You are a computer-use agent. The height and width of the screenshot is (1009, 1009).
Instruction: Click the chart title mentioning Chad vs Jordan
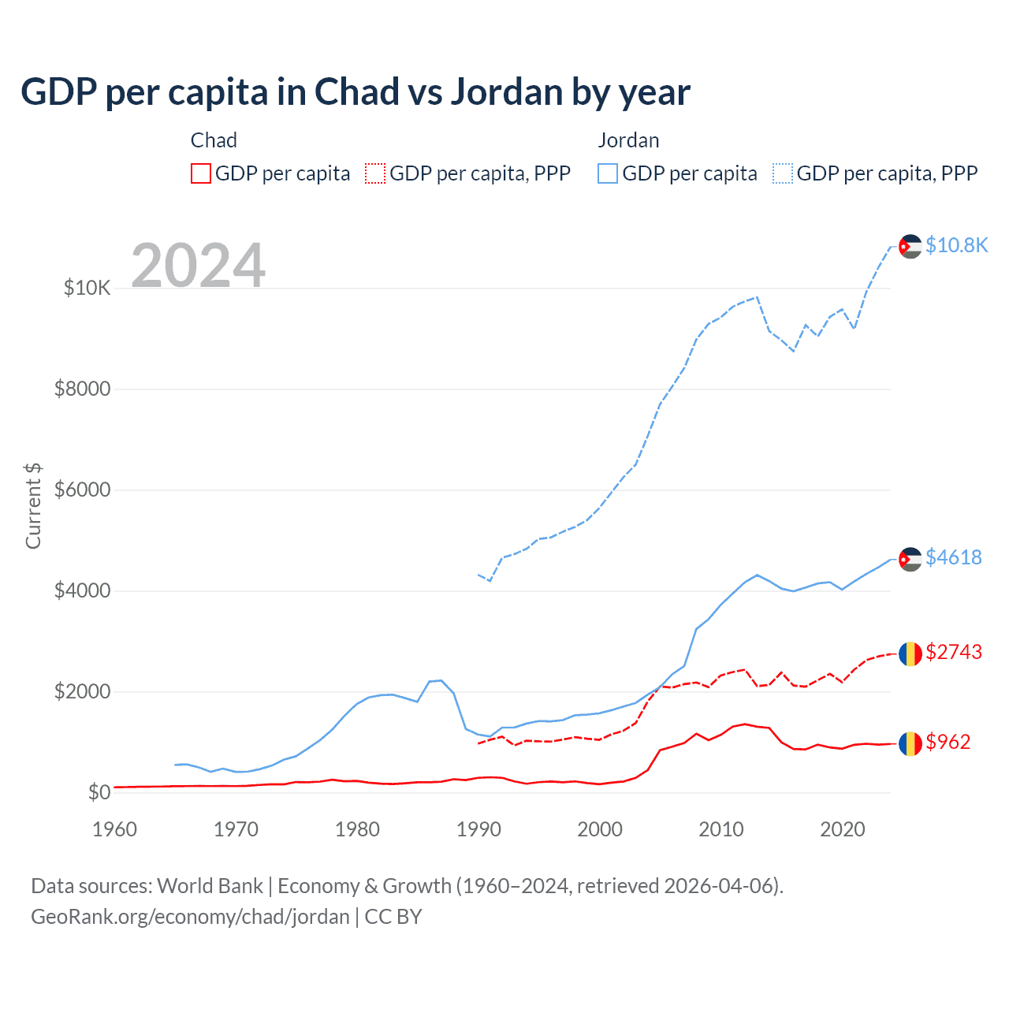(356, 92)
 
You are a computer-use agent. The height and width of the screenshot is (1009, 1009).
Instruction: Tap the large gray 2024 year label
(198, 266)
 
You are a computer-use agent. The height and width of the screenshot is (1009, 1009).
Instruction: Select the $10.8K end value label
(955, 245)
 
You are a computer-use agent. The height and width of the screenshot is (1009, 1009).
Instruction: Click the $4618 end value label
(953, 557)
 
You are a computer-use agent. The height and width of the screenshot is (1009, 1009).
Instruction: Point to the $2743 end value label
(953, 652)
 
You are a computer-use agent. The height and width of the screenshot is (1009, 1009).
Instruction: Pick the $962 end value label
(948, 742)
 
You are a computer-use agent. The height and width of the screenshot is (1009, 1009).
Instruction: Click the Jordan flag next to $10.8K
(910, 246)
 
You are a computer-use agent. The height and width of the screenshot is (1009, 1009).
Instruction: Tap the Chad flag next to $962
(910, 743)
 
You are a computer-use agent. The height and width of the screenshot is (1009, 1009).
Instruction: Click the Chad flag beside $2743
(910, 653)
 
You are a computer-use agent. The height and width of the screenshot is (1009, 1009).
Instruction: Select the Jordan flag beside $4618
(910, 559)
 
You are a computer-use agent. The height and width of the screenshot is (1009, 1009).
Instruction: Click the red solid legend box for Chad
(201, 173)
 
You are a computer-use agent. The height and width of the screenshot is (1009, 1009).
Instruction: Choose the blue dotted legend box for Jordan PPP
(783, 173)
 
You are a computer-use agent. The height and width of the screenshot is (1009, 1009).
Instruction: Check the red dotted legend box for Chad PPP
(375, 173)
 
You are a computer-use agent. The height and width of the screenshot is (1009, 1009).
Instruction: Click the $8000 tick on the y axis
(82, 389)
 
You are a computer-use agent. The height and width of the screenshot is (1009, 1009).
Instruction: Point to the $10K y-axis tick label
(87, 288)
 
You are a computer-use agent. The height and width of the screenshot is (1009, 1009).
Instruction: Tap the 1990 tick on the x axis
(478, 829)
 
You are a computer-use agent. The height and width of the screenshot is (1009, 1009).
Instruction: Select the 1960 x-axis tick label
(115, 829)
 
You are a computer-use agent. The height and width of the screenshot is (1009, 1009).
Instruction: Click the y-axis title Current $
(33, 506)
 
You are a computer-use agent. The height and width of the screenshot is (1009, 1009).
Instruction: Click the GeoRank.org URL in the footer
(190, 917)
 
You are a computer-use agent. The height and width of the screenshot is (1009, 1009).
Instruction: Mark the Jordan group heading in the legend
(628, 140)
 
